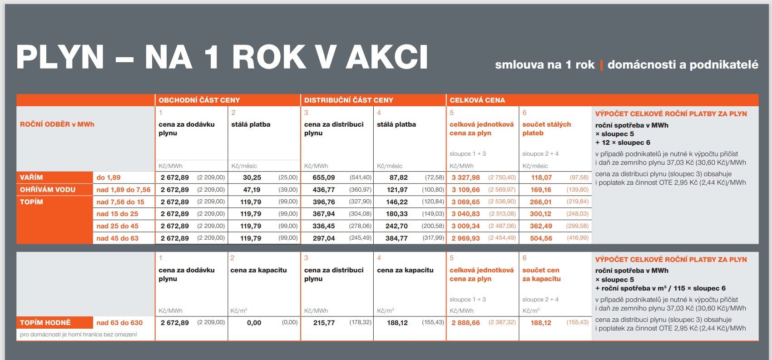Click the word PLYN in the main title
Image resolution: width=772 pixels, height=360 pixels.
[x=60, y=57]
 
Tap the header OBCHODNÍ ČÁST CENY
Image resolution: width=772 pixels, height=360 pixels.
[x=199, y=100]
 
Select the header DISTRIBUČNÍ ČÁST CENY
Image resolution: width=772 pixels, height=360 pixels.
[x=348, y=100]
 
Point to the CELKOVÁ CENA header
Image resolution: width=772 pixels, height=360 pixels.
[x=477, y=100]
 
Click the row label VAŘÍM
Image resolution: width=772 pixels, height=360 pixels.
[x=31, y=178]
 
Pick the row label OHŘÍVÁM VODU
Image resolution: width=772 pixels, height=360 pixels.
[x=48, y=190]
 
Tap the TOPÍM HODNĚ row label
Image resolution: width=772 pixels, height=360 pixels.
[x=45, y=323]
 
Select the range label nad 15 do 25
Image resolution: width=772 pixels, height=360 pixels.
[x=117, y=214]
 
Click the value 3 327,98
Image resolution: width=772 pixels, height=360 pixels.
[x=465, y=178]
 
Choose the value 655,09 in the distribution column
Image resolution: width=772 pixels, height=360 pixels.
[x=323, y=178]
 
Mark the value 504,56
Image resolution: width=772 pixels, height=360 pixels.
[x=541, y=238]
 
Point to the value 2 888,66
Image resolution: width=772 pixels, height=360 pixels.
[x=465, y=323]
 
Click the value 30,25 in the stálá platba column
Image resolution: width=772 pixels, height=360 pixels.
[x=252, y=178]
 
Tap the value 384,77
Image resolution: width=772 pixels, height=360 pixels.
[x=396, y=238]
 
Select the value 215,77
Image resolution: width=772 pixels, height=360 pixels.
[x=324, y=323]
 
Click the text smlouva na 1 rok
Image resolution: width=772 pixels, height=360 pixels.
[x=544, y=65]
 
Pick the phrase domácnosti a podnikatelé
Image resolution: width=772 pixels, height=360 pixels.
[x=683, y=65]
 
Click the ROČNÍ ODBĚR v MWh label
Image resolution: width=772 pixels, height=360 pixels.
[x=57, y=124]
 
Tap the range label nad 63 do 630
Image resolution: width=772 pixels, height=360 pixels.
[x=119, y=323]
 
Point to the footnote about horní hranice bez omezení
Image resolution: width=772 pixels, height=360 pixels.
[x=78, y=335]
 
